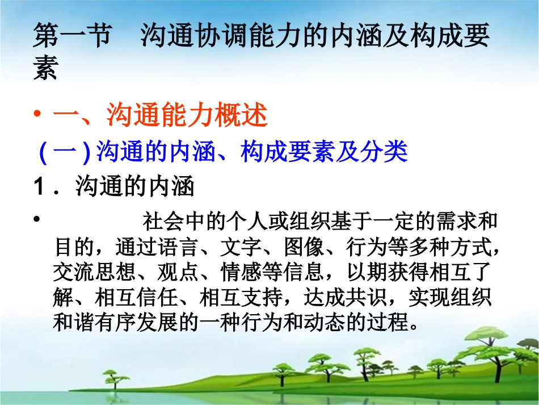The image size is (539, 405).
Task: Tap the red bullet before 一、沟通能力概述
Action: tap(37, 116)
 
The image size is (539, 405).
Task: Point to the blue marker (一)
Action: tap(64, 152)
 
